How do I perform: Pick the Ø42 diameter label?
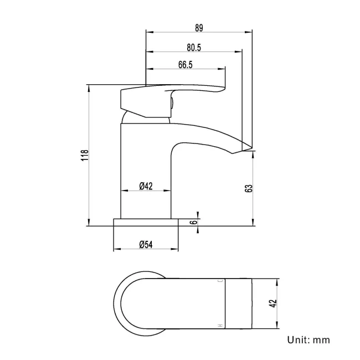pos(145,186)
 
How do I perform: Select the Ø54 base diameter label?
pos(145,244)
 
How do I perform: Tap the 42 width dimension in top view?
pos(272,304)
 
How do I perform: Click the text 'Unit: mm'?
pos(308,340)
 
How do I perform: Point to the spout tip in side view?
pos(246,148)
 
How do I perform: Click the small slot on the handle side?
pos(172,102)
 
